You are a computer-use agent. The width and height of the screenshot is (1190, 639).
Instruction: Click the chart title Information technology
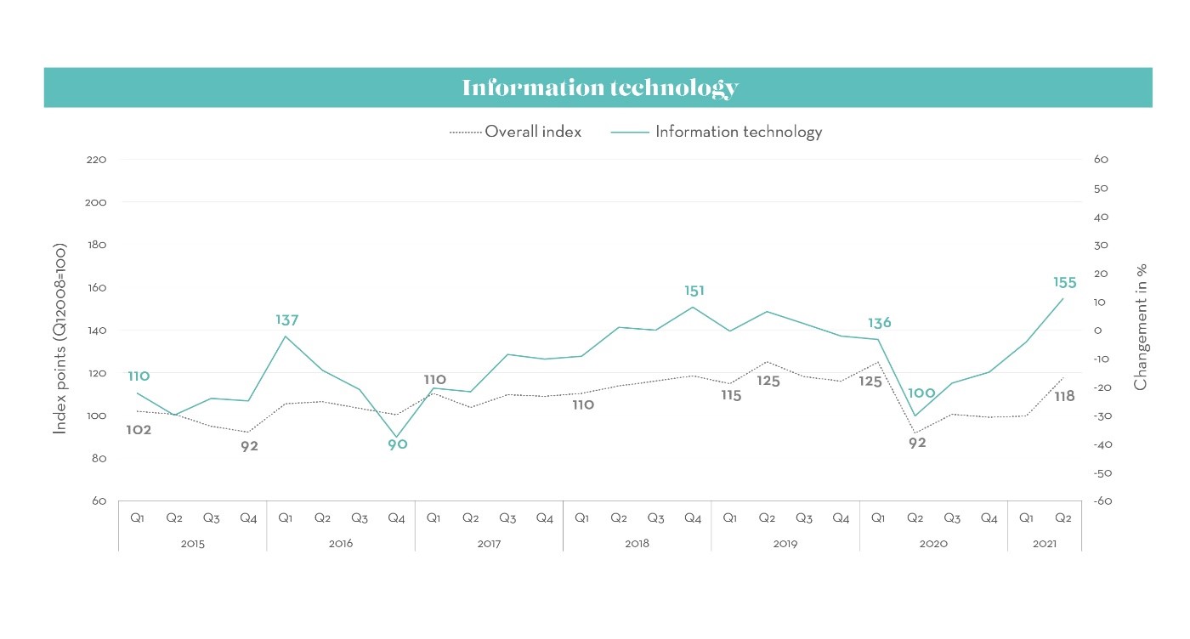click(x=599, y=88)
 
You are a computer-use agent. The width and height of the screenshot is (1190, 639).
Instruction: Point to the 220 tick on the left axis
click(x=96, y=160)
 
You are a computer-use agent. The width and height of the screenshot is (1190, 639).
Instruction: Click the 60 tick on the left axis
click(x=99, y=501)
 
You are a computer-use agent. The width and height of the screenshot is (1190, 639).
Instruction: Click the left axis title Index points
click(x=60, y=341)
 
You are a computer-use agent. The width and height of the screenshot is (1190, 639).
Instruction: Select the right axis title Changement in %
click(x=1141, y=326)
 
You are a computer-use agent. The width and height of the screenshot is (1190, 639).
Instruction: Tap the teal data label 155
click(x=1064, y=283)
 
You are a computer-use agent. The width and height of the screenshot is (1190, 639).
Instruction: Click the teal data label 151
click(x=694, y=291)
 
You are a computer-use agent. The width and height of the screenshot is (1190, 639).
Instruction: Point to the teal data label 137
click(x=286, y=320)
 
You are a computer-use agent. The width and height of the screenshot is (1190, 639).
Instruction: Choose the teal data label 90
click(x=398, y=444)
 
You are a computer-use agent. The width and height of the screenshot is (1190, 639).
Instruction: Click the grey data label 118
click(x=1064, y=396)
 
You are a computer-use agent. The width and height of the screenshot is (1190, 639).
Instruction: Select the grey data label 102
click(x=139, y=430)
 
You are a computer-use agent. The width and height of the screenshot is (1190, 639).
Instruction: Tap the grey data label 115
click(x=730, y=395)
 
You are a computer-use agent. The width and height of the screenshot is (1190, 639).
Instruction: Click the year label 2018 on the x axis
click(x=637, y=543)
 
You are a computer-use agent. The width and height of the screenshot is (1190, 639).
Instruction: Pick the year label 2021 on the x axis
click(x=1045, y=543)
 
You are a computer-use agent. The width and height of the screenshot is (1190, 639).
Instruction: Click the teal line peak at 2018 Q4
click(x=694, y=307)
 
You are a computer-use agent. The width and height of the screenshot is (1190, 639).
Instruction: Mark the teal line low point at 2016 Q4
click(x=397, y=437)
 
